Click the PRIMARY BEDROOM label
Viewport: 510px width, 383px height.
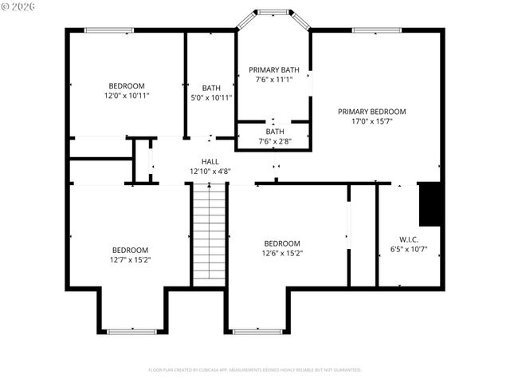coord(371,112)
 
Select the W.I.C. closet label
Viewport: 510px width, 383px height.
coord(409,239)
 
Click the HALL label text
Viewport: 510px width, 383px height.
coord(210,161)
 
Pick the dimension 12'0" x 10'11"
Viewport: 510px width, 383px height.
coord(127,96)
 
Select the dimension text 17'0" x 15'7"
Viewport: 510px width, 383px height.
coord(371,122)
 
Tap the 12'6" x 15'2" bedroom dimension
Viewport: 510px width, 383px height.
coord(282,254)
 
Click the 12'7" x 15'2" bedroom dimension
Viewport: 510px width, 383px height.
coord(130,259)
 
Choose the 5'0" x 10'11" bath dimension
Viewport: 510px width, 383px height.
coord(211,97)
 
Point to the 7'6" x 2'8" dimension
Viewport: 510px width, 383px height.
coord(275,141)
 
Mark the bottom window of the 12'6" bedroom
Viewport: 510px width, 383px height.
coord(257,331)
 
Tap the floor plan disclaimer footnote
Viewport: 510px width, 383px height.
coord(255,370)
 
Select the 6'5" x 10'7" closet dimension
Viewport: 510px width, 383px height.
coord(409,250)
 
